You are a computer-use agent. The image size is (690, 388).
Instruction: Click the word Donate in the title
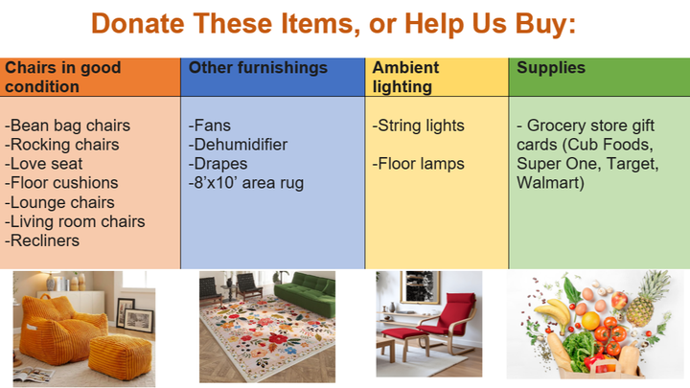coord(137,23)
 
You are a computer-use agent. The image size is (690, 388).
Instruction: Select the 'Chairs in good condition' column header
coord(63,77)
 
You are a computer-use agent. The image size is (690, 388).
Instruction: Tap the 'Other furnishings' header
coord(258,68)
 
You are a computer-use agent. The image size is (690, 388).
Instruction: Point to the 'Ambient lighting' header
coord(405,77)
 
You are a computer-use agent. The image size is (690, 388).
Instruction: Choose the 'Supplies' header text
coord(551,68)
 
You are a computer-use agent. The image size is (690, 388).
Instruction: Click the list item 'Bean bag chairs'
coord(67,126)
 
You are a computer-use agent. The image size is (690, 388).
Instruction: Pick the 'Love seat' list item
coord(43,164)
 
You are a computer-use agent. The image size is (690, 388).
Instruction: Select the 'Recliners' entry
coord(42,240)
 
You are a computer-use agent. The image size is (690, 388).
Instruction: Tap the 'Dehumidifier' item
coord(238,145)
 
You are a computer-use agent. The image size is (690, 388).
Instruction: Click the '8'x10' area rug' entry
coord(246,183)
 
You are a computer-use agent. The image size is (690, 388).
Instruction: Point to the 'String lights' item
coord(418,126)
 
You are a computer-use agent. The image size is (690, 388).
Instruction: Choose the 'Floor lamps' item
coord(418,164)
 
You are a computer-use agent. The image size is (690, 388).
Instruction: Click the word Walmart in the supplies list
coord(550,183)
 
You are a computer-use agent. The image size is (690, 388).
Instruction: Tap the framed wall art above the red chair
coord(421,286)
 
